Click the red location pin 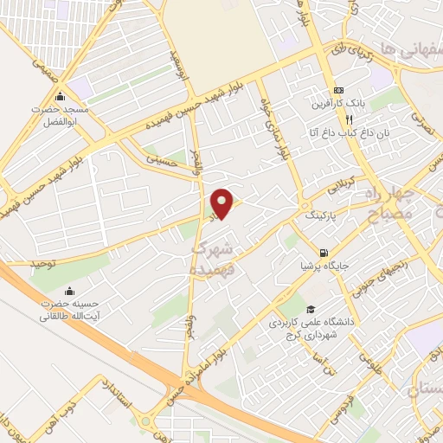pos(222,203)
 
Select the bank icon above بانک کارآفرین pos(338,91)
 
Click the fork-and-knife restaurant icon pos(324,119)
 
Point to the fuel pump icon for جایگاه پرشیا pos(324,253)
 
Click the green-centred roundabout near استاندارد pos(144,422)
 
